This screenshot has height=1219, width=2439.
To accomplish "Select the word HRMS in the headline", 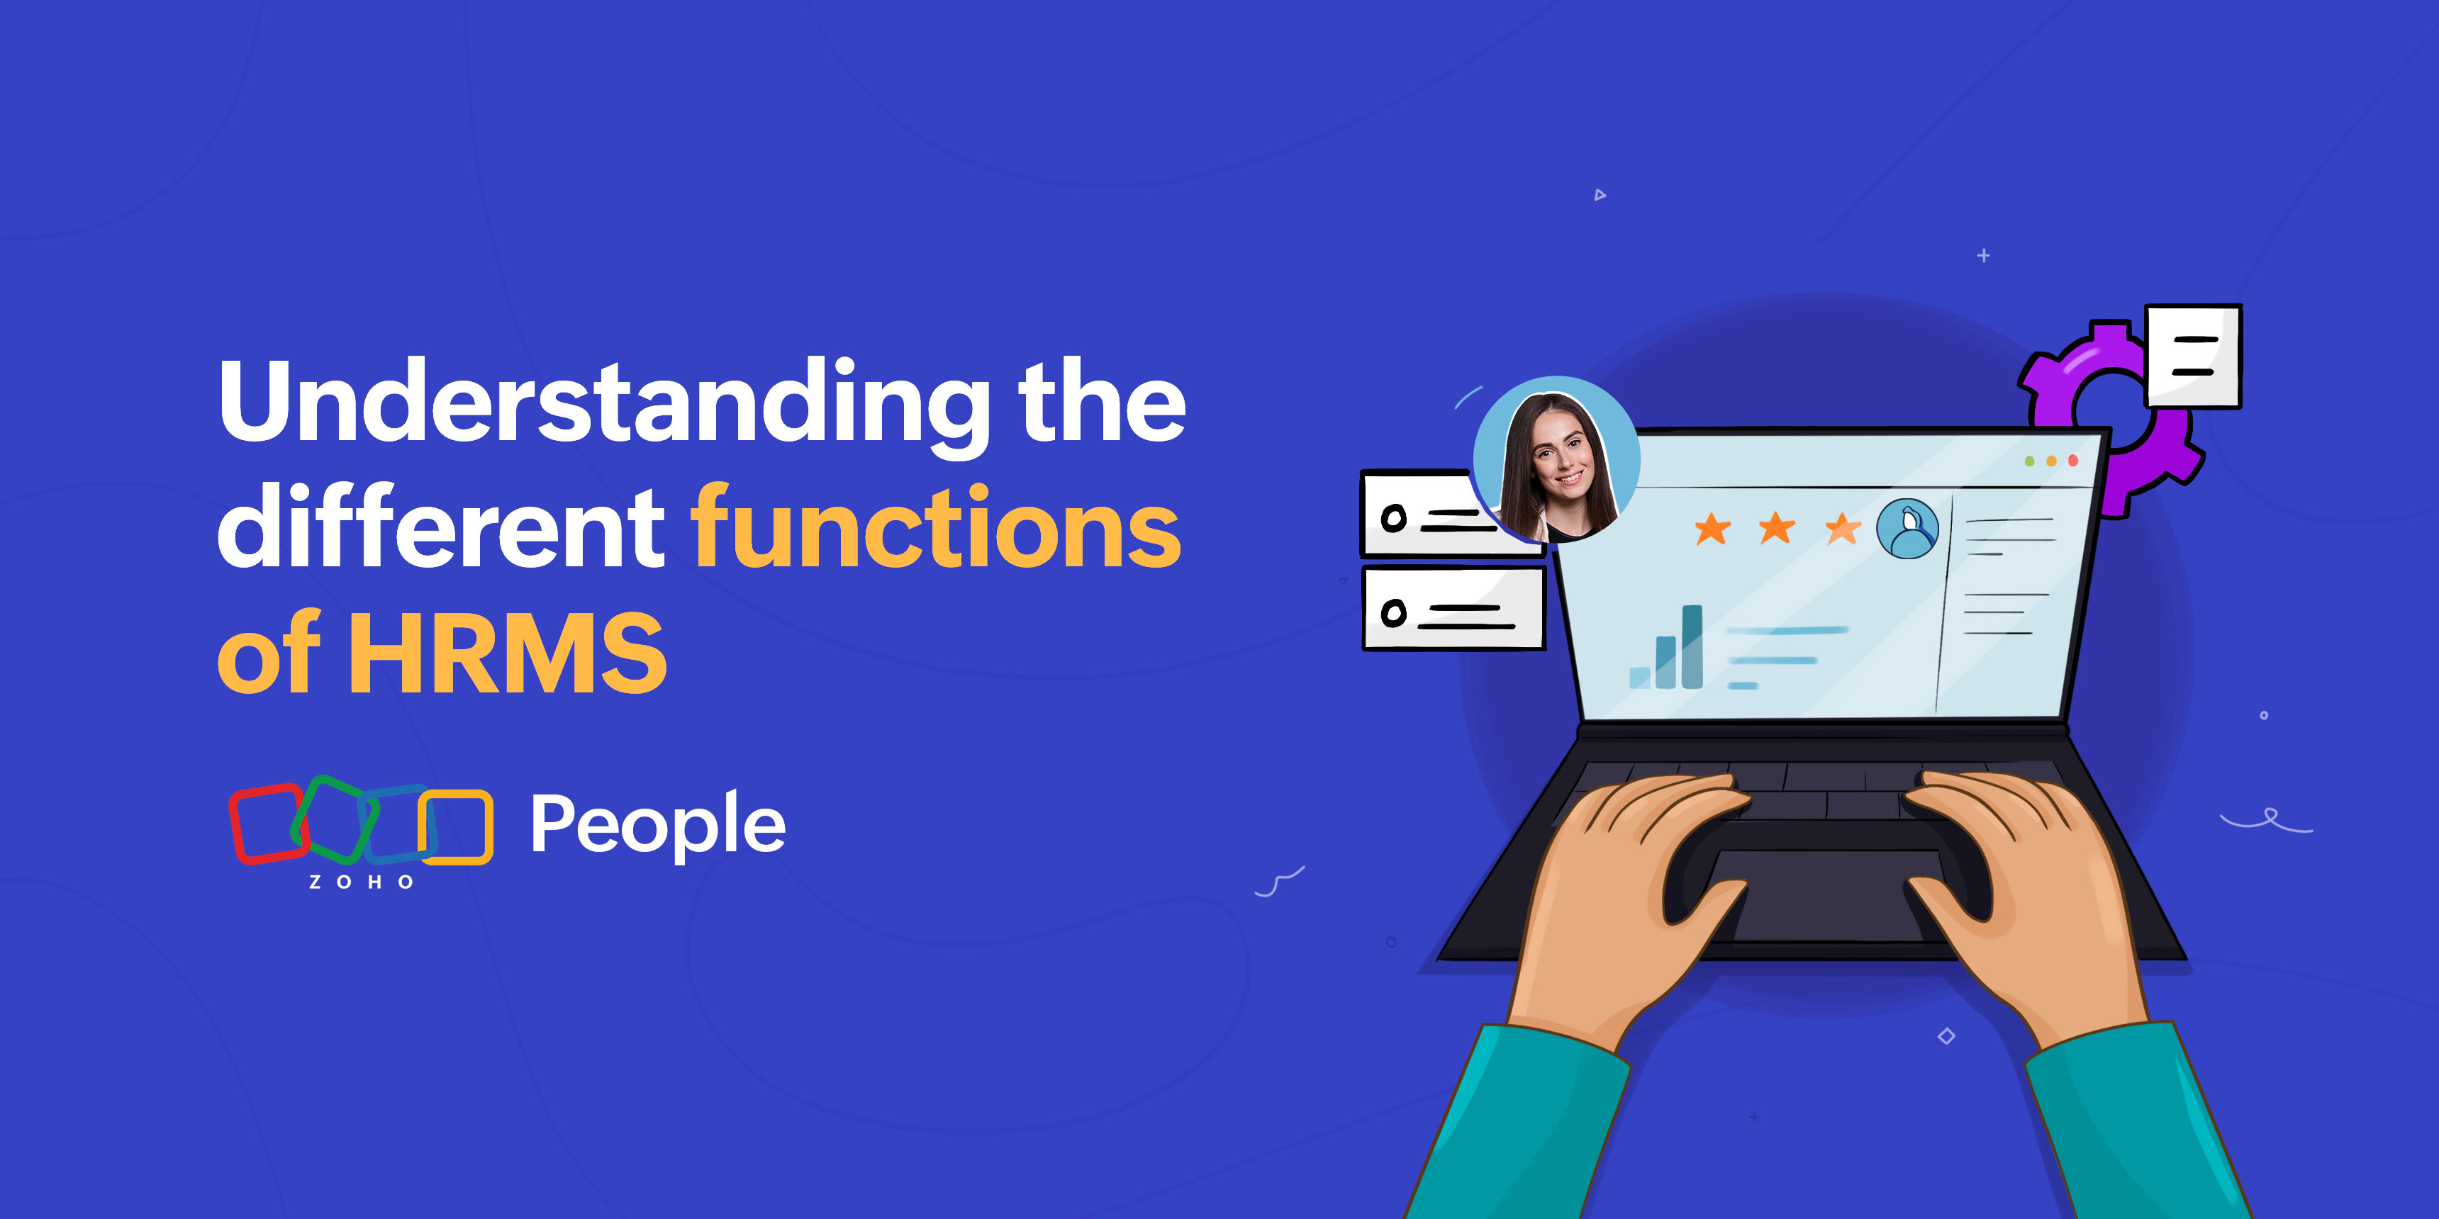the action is pyautogui.click(x=508, y=652).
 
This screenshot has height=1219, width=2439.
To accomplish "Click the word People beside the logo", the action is pyautogui.click(x=658, y=824).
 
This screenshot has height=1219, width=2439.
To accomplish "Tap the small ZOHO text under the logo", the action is pyautogui.click(x=362, y=882).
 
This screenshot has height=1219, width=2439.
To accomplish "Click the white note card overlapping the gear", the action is pyautogui.click(x=2193, y=356).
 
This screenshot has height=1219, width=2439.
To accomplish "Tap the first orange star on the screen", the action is pyautogui.click(x=1712, y=528).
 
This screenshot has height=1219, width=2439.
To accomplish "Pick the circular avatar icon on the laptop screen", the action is pyautogui.click(x=1908, y=529).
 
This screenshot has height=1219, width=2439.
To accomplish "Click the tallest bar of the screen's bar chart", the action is pyautogui.click(x=1692, y=646).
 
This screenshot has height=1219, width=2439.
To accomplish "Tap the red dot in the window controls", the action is pyautogui.click(x=2072, y=461).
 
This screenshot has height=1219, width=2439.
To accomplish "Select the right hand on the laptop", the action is pyautogui.click(x=2026, y=899).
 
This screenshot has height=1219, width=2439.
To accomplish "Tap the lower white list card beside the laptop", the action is pyautogui.click(x=1453, y=609).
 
